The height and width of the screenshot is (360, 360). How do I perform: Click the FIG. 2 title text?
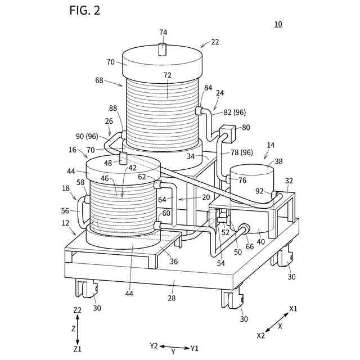point(85,10)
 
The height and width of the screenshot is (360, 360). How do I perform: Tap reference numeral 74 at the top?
point(163,33)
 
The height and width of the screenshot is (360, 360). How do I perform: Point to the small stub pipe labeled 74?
point(163,49)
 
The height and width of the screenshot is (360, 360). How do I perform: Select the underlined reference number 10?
point(278,24)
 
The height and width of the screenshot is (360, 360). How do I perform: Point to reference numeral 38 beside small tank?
point(278,161)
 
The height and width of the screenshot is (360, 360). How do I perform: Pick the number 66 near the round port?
point(249,246)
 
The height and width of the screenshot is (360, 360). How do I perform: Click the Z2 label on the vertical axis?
point(78,310)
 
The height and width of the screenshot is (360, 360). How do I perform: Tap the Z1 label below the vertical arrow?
point(78,349)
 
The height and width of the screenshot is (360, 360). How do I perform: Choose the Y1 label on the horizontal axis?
point(195,348)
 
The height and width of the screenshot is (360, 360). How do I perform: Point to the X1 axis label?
point(294,308)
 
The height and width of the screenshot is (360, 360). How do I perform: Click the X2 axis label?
point(260,335)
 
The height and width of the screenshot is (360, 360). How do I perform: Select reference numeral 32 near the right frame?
point(289,181)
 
